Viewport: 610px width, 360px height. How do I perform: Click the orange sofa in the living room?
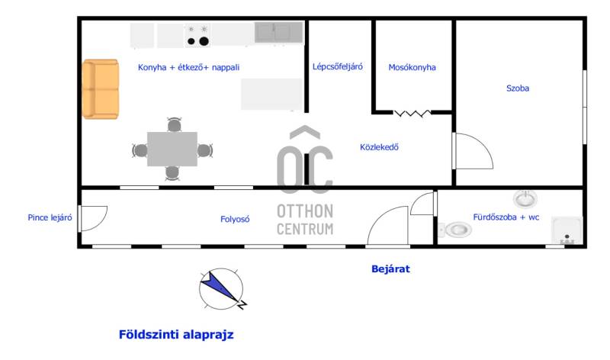point(101,89)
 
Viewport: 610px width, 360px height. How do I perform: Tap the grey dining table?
point(172,149)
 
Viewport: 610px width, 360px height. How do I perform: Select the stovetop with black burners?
point(197,35)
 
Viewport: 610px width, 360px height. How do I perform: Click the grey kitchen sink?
point(278,32)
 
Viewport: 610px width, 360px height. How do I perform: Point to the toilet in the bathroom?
point(455,230)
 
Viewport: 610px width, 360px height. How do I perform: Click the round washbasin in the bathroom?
point(525,199)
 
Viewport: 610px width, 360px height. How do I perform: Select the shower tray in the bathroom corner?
point(567,230)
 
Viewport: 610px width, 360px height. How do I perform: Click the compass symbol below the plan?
point(222,289)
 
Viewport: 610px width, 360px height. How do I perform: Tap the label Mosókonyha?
point(412,67)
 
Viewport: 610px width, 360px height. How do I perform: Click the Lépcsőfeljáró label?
point(337,66)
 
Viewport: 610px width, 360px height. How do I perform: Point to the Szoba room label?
point(518,88)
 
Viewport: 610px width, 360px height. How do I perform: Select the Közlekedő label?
point(379,147)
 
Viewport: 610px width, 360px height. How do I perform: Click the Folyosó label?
point(235,219)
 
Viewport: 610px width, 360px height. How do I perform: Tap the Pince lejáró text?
point(50,217)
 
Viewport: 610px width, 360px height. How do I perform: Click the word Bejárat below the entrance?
point(390,269)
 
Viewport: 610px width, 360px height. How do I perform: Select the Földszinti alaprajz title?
point(176,334)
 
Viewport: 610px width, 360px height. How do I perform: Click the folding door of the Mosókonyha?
point(413,113)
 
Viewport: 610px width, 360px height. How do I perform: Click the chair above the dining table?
point(174,124)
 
